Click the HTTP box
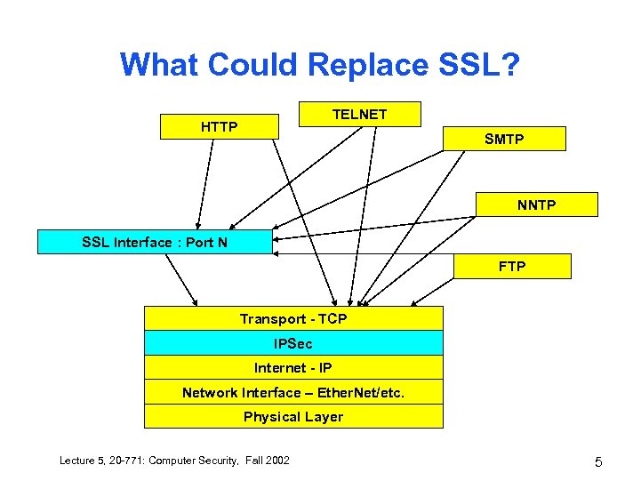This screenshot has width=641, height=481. [219, 126]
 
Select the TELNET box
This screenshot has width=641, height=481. [359, 115]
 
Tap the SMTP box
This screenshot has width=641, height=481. [504, 139]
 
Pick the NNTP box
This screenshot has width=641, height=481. [536, 205]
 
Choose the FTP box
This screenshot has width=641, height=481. [512, 266]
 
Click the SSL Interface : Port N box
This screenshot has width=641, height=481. [154, 242]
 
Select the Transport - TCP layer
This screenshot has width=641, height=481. [293, 318]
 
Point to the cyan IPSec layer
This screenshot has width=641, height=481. [293, 343]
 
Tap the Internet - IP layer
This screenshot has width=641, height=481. [293, 367]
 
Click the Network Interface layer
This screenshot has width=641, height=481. [293, 392]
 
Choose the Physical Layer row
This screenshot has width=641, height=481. [293, 416]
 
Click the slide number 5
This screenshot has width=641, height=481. [598, 461]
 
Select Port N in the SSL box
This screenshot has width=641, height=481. [208, 242]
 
